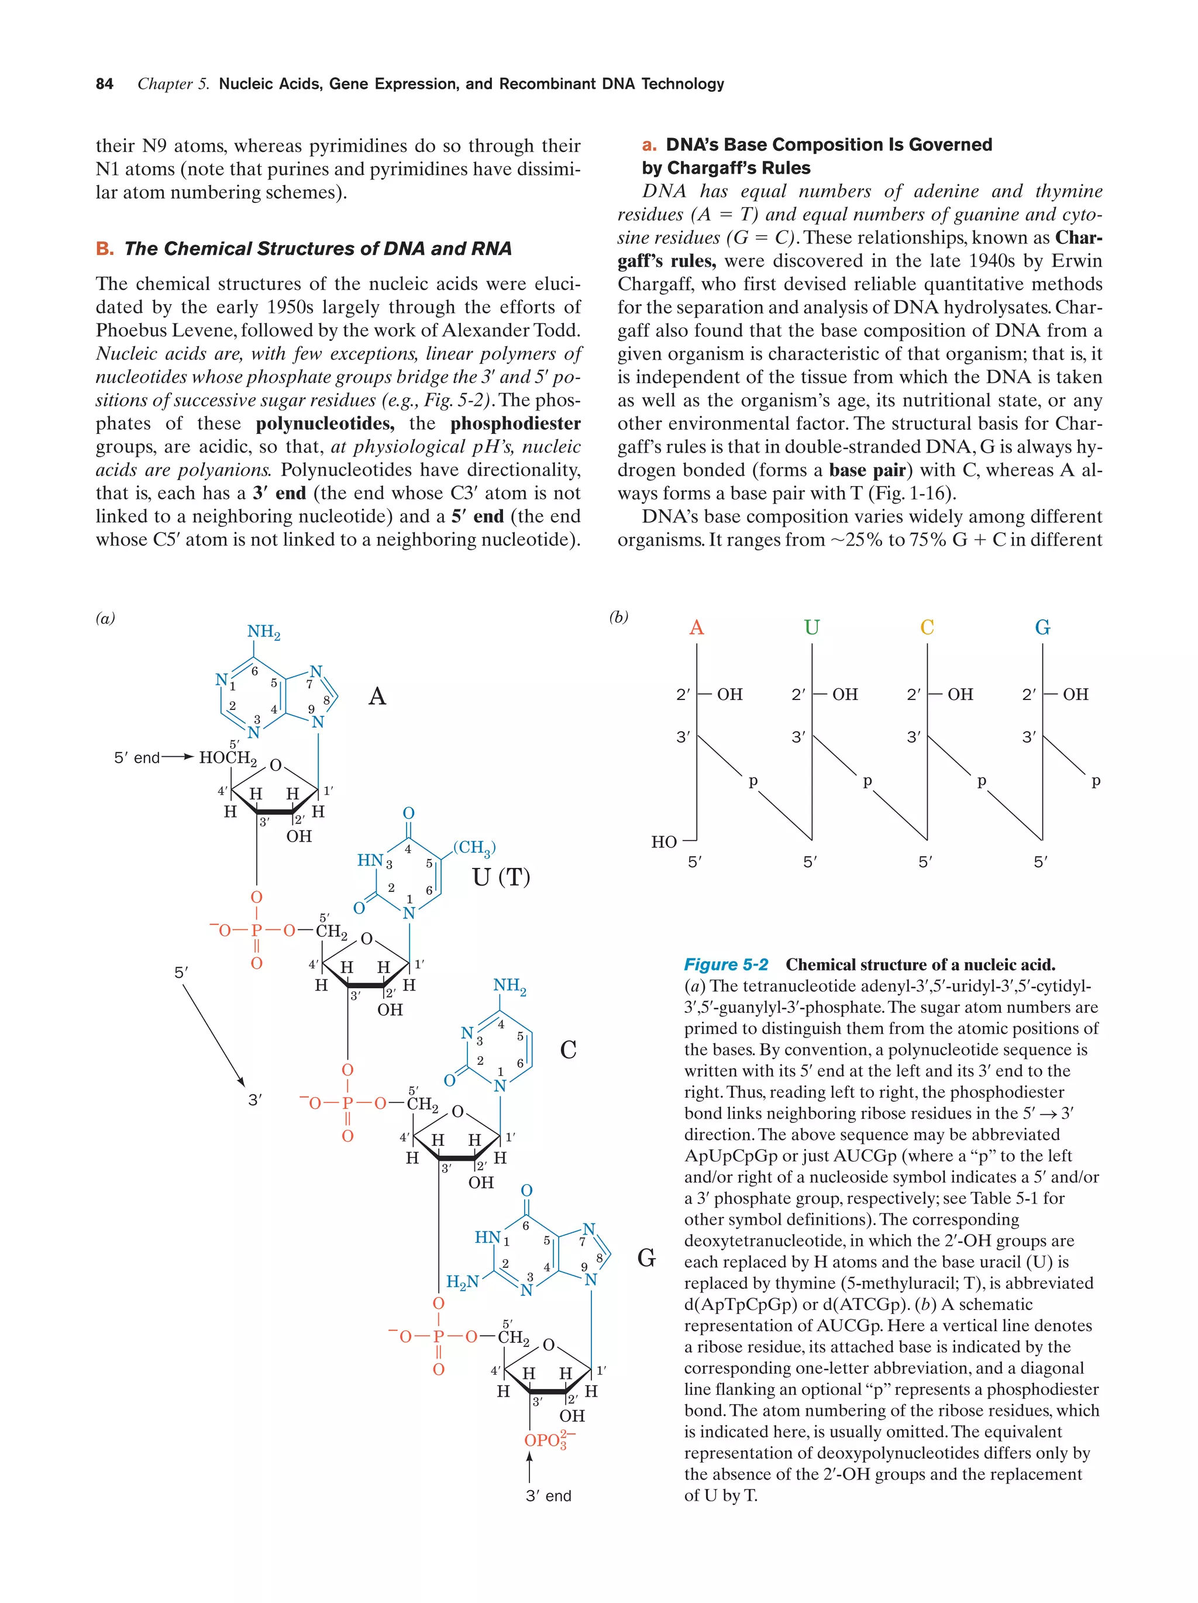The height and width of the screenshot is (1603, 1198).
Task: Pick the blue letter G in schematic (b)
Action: point(1042,627)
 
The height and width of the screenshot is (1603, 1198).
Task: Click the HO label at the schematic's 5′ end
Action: point(663,842)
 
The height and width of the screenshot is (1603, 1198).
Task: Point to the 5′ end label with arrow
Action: point(137,758)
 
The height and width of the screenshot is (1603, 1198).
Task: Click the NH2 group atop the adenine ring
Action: point(263,632)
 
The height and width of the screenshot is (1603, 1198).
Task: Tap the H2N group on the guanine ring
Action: point(462,1282)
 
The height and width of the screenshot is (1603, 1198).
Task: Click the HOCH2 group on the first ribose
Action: point(228,758)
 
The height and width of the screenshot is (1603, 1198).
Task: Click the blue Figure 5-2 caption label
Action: point(725,964)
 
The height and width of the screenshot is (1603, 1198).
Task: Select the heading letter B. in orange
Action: point(104,249)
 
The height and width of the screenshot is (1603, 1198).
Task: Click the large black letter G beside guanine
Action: point(646,1258)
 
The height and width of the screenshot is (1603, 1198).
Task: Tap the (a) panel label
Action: point(105,618)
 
